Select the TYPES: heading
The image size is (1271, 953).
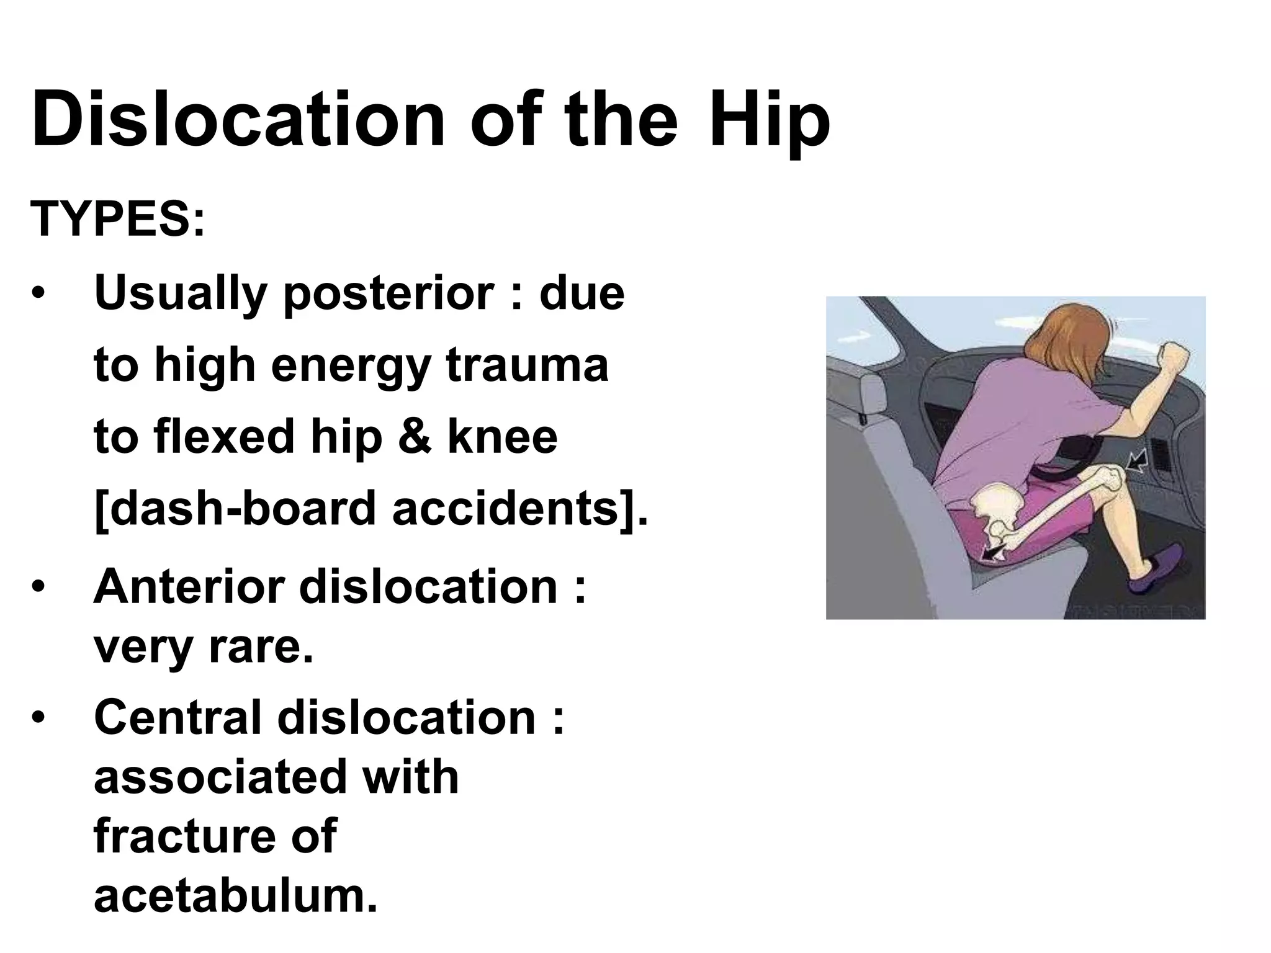tap(117, 219)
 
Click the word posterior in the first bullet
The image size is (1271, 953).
tap(388, 293)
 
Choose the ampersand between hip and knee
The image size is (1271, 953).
tap(415, 437)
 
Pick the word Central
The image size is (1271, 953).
tap(177, 717)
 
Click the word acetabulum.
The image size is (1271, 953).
tap(235, 896)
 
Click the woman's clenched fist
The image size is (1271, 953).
tap(1174, 359)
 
